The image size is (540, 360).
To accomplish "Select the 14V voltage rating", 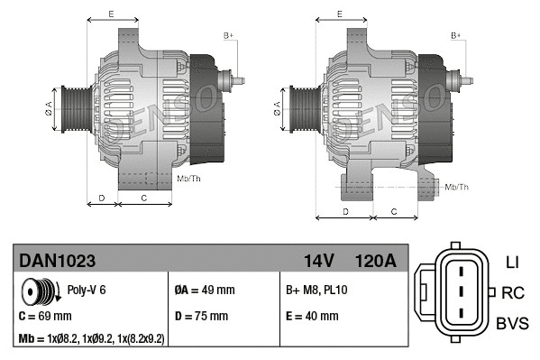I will pos(319,261).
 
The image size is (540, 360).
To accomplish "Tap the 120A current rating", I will pos(377,261).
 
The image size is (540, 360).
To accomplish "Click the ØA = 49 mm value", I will pos(204,291).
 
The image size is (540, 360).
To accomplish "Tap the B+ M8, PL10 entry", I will pos(316,291).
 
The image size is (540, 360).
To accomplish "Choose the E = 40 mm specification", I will pos(312,317).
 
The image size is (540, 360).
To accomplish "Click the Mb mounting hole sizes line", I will pos(91,339).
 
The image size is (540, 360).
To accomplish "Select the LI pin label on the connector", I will pos(512,263).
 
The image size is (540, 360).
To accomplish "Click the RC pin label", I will pos(513,292).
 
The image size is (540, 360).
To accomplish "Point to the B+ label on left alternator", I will pos(228,35).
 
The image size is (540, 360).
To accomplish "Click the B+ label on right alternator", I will pos(456,35).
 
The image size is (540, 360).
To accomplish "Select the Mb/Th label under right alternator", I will pos(457,187).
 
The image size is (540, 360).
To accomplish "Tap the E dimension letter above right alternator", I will pos(339,14).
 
